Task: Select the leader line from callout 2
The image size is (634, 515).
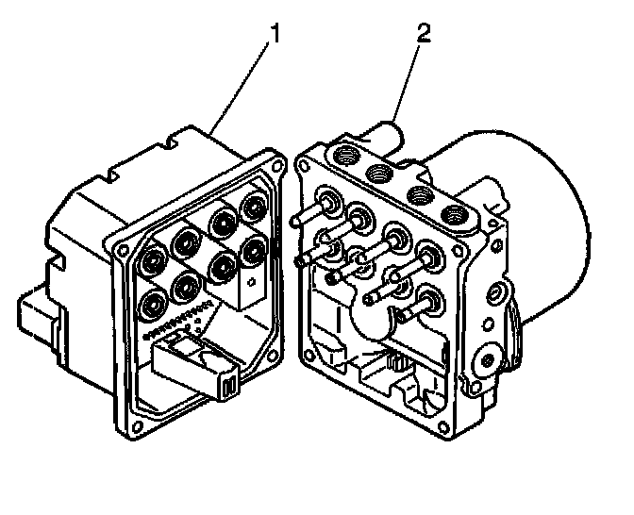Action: coord(406,80)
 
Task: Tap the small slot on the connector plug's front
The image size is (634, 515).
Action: coord(227,386)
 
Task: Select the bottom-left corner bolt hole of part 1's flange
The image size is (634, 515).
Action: coord(138,425)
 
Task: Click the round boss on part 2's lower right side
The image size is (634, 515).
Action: coord(490,359)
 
